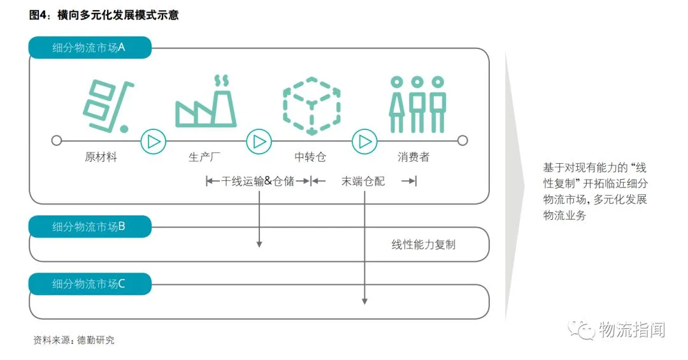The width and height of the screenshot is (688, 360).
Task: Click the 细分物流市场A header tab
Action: coord(89,48)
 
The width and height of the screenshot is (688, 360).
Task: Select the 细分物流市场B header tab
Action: coord(89,227)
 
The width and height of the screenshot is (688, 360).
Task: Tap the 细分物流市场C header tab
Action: coord(89,284)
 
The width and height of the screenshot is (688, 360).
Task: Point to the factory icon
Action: coord(206,104)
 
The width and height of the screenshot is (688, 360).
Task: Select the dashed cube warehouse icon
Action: coord(312,106)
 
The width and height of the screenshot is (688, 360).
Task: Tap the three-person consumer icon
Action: coord(417,104)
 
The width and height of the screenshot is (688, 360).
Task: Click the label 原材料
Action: coord(101,157)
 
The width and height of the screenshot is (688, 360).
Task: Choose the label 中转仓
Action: coord(310,157)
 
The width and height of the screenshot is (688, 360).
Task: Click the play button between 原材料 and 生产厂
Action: coord(153,141)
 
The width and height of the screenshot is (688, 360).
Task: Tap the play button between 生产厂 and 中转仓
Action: coord(259,141)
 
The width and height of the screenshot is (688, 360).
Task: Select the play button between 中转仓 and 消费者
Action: coord(364,141)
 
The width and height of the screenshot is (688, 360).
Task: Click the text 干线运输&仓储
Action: coord(258,182)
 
